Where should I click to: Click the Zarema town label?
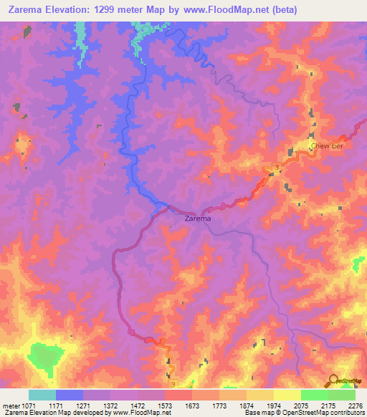coord(197,219)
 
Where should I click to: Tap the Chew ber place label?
coord(325,147)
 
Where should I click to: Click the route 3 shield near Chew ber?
coord(277,166)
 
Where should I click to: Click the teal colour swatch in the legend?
coord(42,395)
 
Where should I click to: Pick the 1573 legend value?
coord(164,406)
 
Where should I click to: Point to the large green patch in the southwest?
coord(47,355)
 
